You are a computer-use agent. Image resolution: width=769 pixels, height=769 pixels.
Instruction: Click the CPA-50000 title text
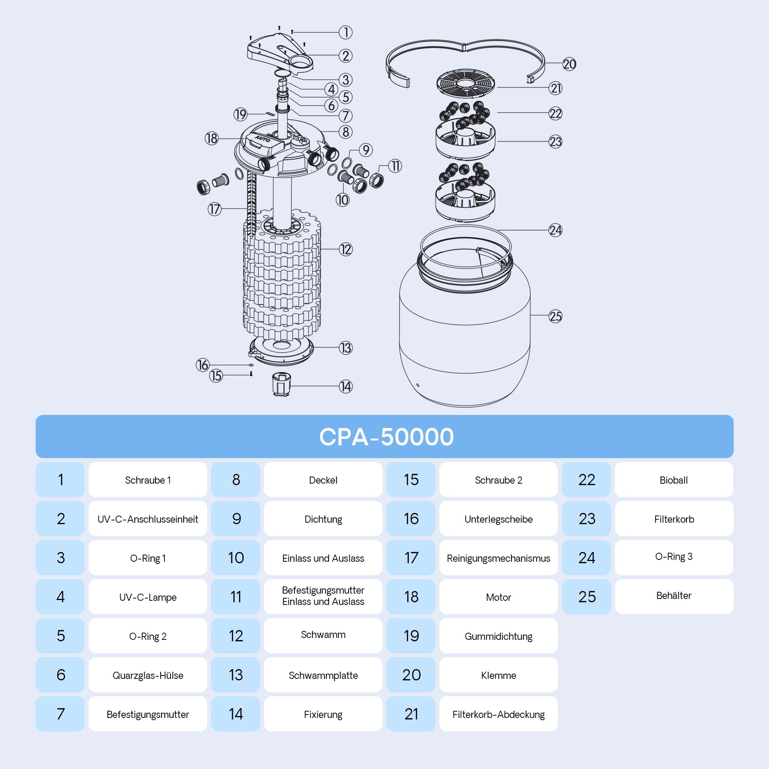tap(386, 437)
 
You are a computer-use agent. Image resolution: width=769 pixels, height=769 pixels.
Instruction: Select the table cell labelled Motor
tap(498, 597)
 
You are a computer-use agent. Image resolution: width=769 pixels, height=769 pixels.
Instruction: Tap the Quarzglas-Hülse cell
tap(148, 675)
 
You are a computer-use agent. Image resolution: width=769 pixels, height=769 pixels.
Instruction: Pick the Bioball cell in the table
tap(674, 479)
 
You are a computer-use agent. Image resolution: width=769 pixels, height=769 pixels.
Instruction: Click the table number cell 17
tap(411, 558)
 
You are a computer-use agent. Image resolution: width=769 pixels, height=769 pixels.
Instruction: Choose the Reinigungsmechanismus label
tap(498, 558)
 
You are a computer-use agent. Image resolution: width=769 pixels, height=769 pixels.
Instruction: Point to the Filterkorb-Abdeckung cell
tap(498, 714)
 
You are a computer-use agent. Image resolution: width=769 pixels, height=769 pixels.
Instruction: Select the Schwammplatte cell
tap(323, 675)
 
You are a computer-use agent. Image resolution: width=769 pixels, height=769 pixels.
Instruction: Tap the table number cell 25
tap(587, 597)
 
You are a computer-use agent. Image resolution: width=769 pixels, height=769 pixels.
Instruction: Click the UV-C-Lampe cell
tap(148, 597)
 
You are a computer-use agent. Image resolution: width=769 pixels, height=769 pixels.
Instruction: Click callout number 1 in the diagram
tap(345, 32)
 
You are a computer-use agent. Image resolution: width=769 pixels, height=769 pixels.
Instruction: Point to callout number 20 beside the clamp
tap(569, 64)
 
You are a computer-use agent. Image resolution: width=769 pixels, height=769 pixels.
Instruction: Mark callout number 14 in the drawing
tap(345, 386)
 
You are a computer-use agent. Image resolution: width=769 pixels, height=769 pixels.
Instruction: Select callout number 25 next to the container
tap(555, 317)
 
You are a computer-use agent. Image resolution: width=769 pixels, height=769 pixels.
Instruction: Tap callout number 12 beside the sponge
tap(345, 250)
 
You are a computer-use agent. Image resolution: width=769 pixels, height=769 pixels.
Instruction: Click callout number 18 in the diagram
tap(211, 139)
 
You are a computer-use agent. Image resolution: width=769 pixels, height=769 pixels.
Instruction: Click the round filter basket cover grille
tap(465, 84)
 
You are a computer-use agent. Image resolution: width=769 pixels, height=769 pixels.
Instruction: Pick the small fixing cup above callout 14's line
tap(281, 384)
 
